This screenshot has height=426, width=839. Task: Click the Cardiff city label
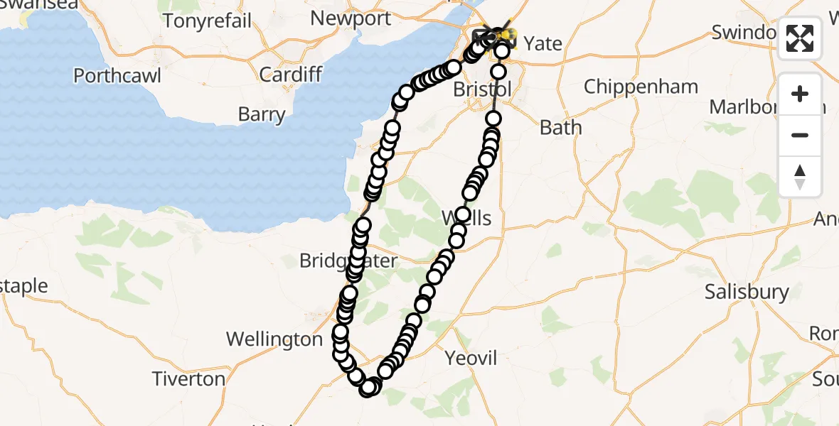290,74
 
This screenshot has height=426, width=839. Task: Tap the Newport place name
351,18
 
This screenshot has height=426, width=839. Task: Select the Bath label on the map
560,128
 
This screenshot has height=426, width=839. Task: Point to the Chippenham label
641,87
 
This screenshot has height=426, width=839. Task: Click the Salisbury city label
747,292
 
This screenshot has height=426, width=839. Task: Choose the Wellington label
274,339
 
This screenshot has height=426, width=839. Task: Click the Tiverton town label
188,379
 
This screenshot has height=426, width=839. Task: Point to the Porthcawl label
117,75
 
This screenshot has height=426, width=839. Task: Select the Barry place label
262,114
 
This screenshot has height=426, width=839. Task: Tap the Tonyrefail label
207,21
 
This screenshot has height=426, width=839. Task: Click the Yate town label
543,43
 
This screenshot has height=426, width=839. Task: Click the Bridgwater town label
348,261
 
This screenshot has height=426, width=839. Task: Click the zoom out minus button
800,135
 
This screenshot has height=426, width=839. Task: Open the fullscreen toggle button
800,38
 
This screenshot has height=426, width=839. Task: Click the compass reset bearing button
800,176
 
